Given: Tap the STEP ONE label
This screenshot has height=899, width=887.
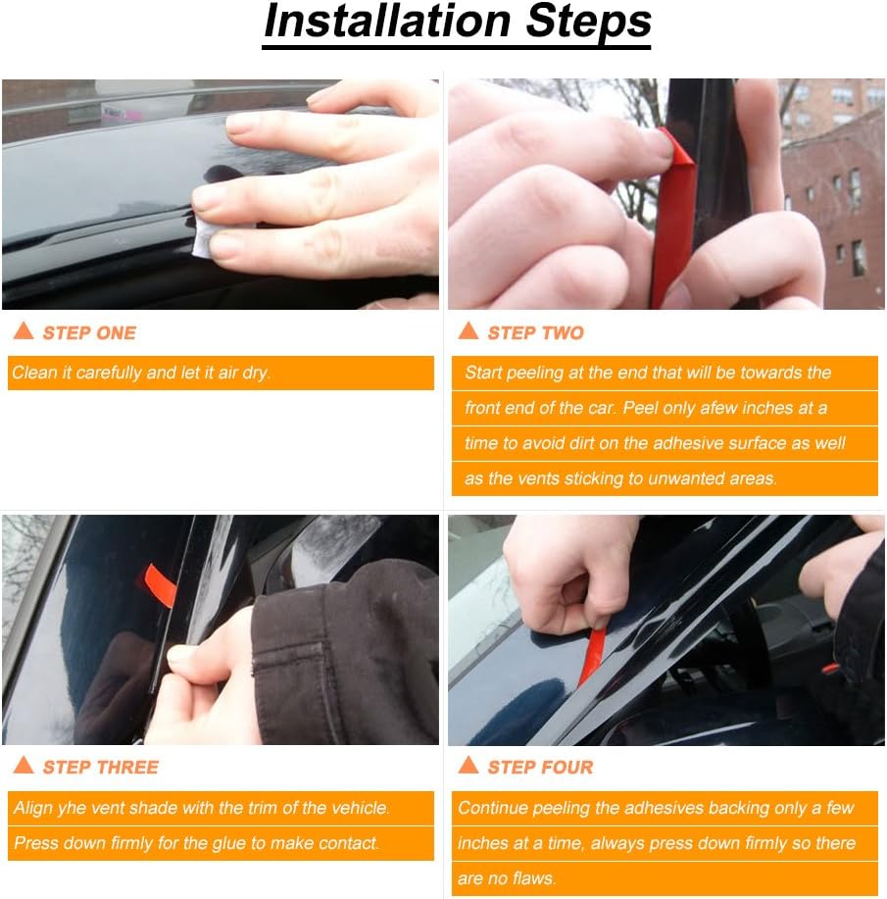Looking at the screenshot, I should pyautogui.click(x=89, y=333).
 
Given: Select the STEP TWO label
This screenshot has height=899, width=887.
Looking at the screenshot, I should pyautogui.click(x=535, y=333).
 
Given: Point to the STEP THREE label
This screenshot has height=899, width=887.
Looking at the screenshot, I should pyautogui.click(x=100, y=768).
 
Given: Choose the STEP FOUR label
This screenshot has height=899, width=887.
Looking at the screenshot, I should pyautogui.click(x=540, y=768).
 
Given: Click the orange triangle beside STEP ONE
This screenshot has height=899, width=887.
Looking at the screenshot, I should pyautogui.click(x=24, y=331).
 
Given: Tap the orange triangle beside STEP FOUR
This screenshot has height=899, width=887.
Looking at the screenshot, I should pyautogui.click(x=468, y=766).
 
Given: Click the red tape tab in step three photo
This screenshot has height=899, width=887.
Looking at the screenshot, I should pyautogui.click(x=163, y=584).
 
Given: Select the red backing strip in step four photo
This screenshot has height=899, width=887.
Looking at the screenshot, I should pyautogui.click(x=592, y=654).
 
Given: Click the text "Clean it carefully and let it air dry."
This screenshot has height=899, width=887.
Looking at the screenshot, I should pyautogui.click(x=141, y=374).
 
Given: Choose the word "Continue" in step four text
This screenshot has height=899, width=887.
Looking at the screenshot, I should pyautogui.click(x=492, y=809).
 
